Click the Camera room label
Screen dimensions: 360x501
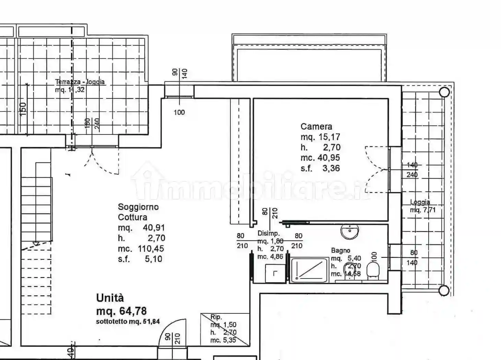click(316, 127)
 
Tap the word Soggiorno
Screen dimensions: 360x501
click(138, 207)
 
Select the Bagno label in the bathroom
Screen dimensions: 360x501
click(341, 251)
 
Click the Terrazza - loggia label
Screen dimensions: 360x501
click(80, 82)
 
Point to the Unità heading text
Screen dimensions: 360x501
click(110, 298)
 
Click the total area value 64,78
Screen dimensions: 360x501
click(133, 311)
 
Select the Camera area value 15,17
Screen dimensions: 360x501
click(329, 137)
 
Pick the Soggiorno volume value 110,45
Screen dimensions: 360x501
click(151, 249)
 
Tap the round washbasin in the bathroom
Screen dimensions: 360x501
click(349, 231)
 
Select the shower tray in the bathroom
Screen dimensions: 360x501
click(309, 270)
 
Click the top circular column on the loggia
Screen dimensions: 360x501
click(444, 92)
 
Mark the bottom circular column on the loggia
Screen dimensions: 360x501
click(444, 290)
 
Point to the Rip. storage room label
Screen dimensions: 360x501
click(216, 317)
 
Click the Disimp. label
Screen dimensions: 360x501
click(269, 233)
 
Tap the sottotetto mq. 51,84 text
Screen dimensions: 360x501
click(128, 322)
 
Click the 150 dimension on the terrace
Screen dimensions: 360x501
click(23, 109)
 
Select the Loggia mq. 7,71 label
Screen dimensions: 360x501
click(422, 206)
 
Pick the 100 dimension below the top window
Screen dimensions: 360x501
click(179, 112)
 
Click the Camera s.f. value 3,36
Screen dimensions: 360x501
click(331, 168)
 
